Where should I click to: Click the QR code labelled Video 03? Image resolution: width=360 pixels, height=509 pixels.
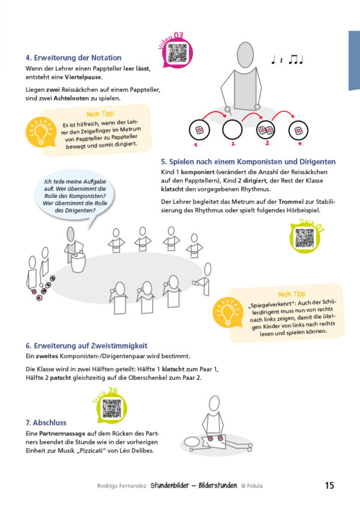click(x=178, y=53)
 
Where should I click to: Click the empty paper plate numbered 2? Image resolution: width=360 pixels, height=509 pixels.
click(x=232, y=130)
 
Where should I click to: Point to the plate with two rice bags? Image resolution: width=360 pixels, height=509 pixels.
click(x=266, y=130)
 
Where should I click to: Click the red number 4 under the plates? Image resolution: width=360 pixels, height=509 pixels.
click(x=300, y=143)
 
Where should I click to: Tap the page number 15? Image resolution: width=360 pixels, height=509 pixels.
click(x=329, y=486)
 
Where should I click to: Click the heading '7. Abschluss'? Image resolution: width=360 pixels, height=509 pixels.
click(x=46, y=423)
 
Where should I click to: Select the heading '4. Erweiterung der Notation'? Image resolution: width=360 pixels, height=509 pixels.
click(x=74, y=58)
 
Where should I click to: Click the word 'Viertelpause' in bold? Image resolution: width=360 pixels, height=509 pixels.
click(x=83, y=77)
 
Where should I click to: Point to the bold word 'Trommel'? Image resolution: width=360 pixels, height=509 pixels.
click(x=291, y=202)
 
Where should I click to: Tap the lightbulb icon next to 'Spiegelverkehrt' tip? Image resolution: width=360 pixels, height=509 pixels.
click(x=227, y=312)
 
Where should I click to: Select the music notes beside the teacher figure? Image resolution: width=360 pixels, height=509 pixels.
click(x=287, y=60)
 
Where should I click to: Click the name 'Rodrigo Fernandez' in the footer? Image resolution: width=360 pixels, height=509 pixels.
click(x=122, y=486)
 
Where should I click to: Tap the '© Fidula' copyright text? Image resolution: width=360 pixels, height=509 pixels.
click(x=252, y=486)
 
